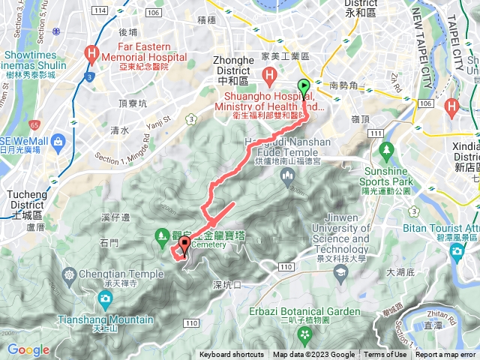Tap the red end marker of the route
184,245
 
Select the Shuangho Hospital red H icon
268,75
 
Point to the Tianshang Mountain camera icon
105,298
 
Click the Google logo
28,349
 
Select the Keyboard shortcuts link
232,355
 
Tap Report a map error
447,355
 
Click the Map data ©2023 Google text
313,355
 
